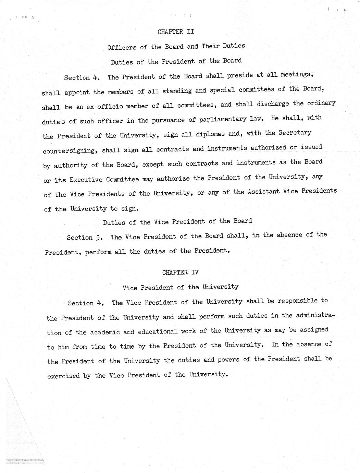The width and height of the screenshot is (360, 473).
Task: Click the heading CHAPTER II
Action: click(x=176, y=32)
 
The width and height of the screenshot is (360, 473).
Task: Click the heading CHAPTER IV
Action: click(x=180, y=272)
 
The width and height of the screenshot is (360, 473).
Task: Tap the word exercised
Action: click(x=63, y=376)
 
